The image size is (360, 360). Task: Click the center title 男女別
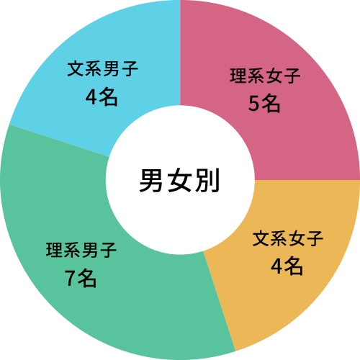(x=179, y=180)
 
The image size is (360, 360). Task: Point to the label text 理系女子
(x=265, y=76)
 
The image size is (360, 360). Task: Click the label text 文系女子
(x=288, y=238)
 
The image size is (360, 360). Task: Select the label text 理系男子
(x=81, y=250)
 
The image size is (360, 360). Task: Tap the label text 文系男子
(x=102, y=68)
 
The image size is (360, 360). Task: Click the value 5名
(x=264, y=104)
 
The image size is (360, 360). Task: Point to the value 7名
(x=81, y=279)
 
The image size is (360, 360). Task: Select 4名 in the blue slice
(x=102, y=97)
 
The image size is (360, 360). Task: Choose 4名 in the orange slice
(x=287, y=266)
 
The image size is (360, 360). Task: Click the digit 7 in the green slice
(x=70, y=279)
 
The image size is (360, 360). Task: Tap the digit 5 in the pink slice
(x=253, y=104)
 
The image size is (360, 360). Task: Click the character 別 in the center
(x=207, y=180)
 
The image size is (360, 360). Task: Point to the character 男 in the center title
(x=151, y=180)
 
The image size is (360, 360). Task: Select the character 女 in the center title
(x=179, y=180)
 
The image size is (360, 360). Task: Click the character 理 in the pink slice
(x=238, y=76)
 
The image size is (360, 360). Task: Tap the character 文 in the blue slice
(x=76, y=68)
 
